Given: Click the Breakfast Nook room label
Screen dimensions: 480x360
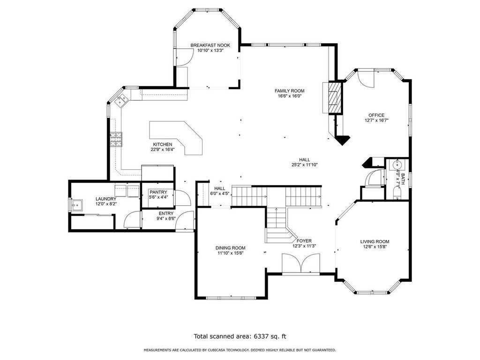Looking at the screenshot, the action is (x=210, y=45).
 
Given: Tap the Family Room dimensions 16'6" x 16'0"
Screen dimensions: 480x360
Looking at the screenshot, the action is (x=289, y=96).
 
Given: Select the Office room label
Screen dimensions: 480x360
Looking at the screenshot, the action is (x=376, y=115).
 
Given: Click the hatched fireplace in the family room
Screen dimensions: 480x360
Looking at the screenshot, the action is (x=334, y=97).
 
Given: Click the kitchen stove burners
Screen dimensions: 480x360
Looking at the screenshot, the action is (x=116, y=139).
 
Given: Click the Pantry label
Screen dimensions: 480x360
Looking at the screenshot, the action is (x=158, y=192).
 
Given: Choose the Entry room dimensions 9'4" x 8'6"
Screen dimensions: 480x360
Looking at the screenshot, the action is (x=166, y=218).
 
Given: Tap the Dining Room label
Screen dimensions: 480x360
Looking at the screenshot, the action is (x=230, y=248).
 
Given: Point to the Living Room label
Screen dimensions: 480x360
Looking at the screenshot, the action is (x=375, y=241).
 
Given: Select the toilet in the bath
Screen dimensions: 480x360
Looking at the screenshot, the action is (x=397, y=194).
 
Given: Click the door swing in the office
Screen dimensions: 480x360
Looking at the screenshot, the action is (x=366, y=79).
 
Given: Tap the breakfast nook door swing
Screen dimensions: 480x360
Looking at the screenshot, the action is (x=184, y=57).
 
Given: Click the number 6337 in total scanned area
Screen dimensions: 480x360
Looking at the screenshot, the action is (x=261, y=337).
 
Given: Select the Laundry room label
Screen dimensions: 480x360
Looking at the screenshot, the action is (x=106, y=199).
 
